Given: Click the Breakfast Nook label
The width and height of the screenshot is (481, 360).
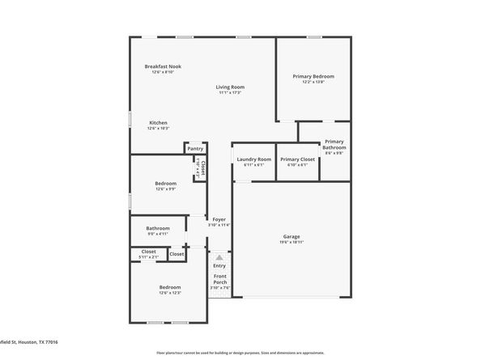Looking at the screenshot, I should pos(163,66).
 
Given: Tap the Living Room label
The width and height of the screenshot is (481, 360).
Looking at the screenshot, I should pos(230,87).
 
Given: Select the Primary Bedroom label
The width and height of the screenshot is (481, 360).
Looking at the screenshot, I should pos(313,76).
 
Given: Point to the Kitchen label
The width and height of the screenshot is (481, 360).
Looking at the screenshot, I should pos(158,122).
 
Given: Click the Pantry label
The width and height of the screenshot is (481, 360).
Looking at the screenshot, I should pos(195,149).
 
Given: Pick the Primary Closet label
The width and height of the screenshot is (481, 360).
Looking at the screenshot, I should pos(297,159).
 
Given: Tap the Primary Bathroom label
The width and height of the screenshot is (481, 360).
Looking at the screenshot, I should pos(334,145).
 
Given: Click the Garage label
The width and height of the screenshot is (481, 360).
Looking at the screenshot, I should pos(292,236).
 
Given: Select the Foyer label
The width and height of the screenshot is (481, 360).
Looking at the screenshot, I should pos(219,219).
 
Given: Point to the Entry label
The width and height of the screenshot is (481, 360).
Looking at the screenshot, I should pos(219,265).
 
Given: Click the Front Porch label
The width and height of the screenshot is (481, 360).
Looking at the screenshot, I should pos(219,280).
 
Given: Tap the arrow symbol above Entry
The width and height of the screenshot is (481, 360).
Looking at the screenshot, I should pos(219,256).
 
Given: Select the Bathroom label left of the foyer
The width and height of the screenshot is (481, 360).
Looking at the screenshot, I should pos(158,228).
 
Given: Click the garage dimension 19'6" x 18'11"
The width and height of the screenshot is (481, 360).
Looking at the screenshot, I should pos(292,242).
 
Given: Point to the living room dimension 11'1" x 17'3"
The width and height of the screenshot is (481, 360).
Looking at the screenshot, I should pos(230,92).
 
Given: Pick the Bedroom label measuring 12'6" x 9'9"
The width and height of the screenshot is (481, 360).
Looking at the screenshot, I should pos(166,183).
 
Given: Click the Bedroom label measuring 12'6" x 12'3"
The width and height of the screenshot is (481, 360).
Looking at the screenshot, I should pos(170,287).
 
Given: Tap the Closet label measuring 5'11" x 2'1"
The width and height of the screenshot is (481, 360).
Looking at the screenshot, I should pos(148,252).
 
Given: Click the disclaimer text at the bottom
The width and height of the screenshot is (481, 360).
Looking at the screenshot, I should pos(240,354).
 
